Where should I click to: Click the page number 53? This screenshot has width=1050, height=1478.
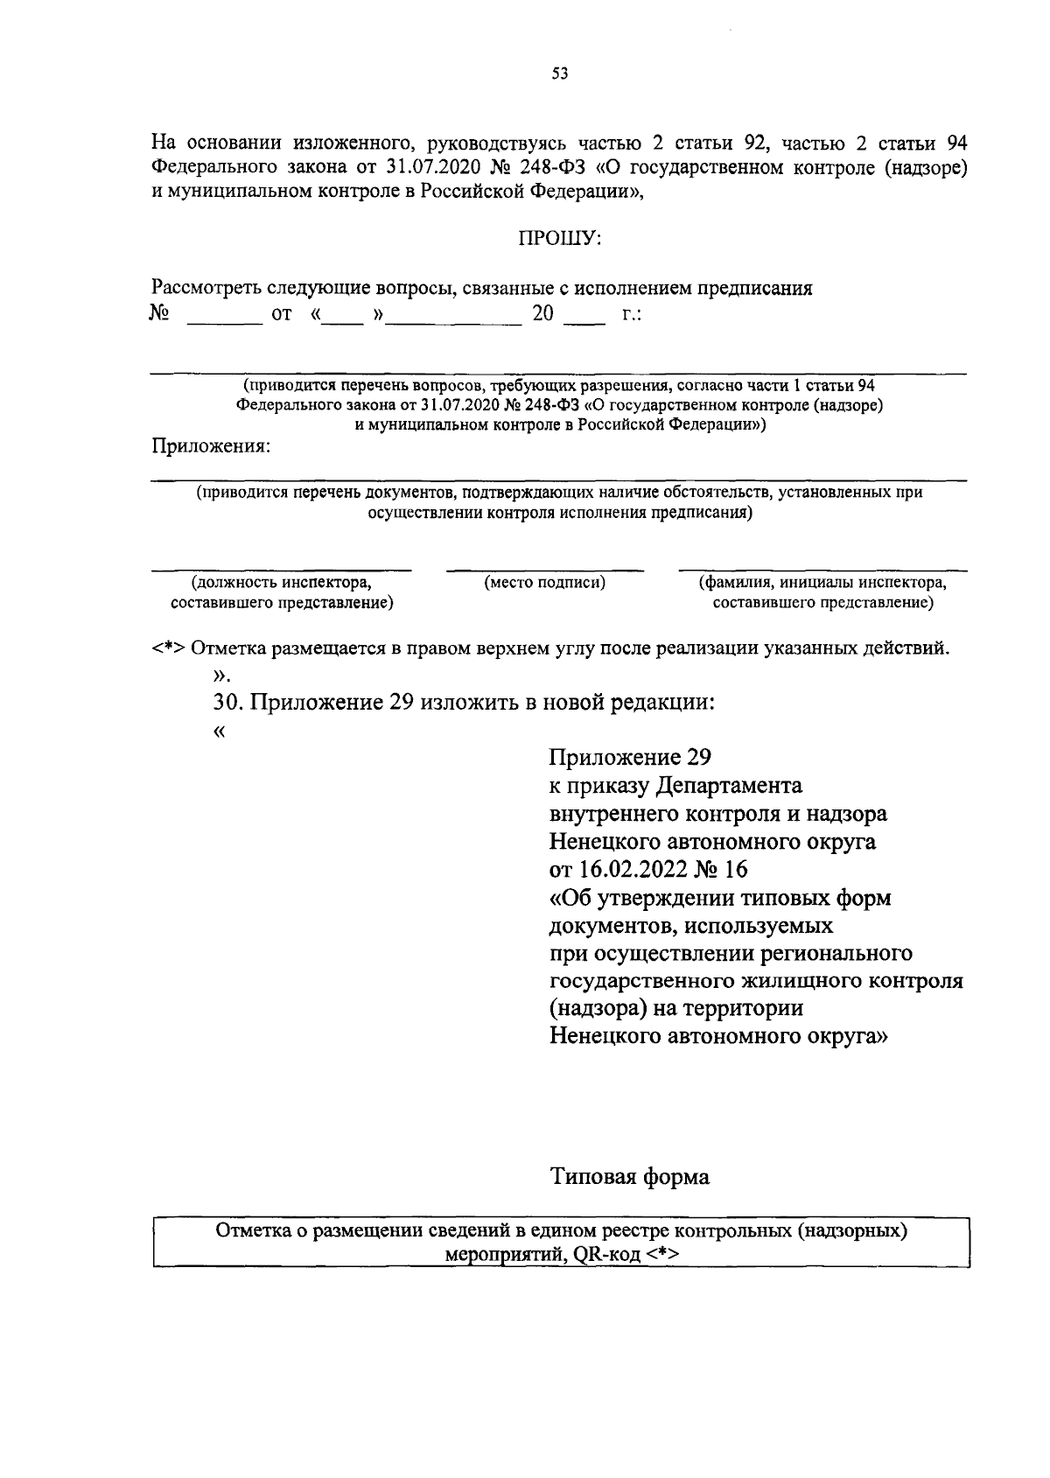pos(560,74)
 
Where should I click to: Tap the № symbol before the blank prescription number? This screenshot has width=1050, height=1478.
pos(159,313)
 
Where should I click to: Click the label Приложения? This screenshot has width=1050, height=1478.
pos(211,446)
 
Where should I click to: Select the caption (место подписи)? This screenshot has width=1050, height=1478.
pos(544,582)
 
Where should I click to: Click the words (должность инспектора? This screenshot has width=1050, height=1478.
pos(281,582)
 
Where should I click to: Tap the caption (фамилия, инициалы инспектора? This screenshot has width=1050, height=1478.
pos(822,582)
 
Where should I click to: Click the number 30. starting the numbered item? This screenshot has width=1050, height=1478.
pos(230,703)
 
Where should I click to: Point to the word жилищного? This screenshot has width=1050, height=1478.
pos(787,981)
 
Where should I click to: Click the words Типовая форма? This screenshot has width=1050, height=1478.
pos(629,1176)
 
